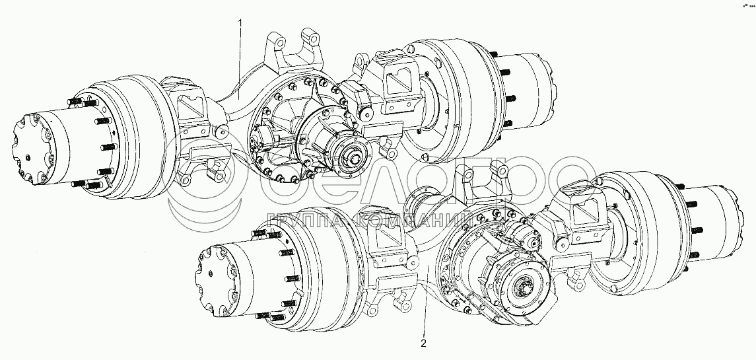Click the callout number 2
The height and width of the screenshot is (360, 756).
coord(423,343)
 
